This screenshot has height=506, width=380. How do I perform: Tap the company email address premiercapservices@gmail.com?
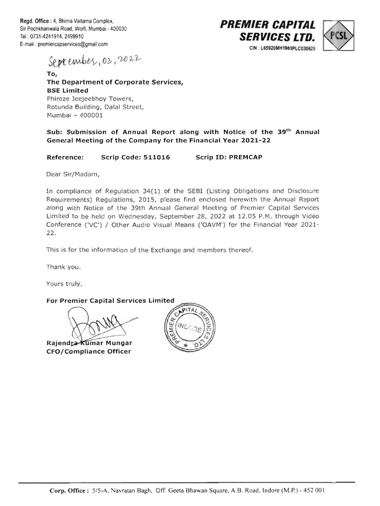pos(65,43)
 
